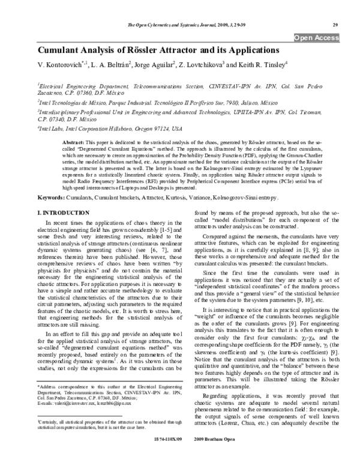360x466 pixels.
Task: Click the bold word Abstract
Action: click(73, 139)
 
